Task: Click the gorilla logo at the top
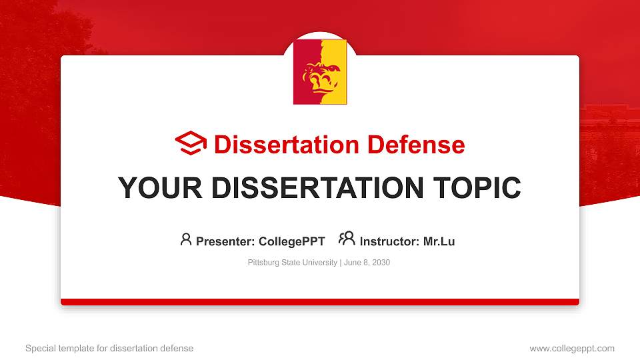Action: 320,72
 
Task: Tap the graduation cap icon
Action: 191,144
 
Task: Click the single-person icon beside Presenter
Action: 186,239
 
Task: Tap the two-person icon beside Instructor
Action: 347,239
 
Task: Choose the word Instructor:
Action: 389,241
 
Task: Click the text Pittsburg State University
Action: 292,263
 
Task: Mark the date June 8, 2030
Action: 367,263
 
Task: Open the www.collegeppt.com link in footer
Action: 571,348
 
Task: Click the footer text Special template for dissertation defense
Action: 109,348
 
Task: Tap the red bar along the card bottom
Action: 320,302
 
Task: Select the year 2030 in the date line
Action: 381,263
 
